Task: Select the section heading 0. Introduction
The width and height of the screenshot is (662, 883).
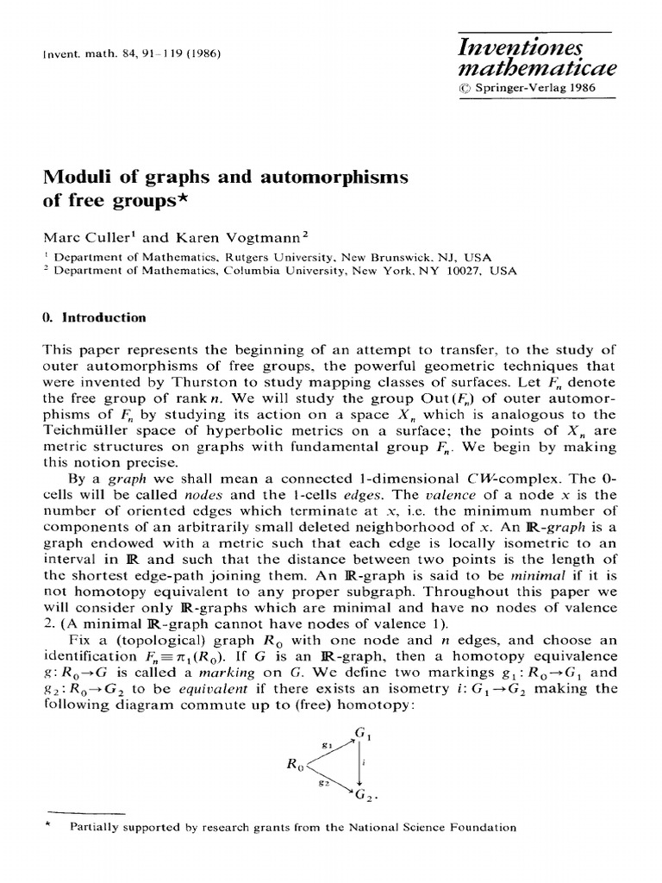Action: pos(94,317)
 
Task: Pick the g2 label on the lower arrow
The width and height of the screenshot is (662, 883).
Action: pos(324,781)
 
